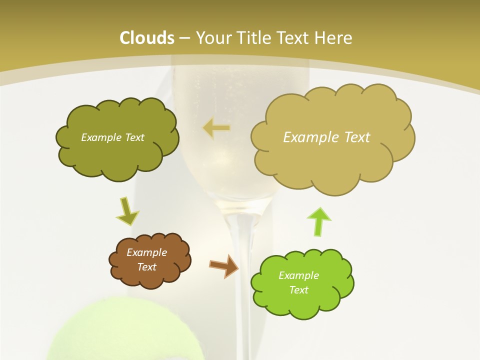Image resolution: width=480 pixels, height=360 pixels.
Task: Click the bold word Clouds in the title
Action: point(147,38)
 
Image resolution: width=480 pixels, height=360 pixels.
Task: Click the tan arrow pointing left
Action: point(216,128)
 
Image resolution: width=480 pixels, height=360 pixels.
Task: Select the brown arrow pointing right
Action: point(224,265)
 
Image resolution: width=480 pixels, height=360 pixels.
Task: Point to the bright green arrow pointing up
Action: point(319,221)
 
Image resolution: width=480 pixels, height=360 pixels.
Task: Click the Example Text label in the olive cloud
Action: point(112,137)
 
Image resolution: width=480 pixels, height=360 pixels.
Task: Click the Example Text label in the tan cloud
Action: point(326,137)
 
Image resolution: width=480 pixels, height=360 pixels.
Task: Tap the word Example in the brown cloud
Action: point(146,252)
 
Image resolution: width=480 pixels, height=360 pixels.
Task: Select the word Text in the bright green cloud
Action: point(298,290)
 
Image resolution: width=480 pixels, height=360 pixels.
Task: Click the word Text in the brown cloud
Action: point(146,267)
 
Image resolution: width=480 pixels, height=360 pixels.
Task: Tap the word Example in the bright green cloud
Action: point(298,275)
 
